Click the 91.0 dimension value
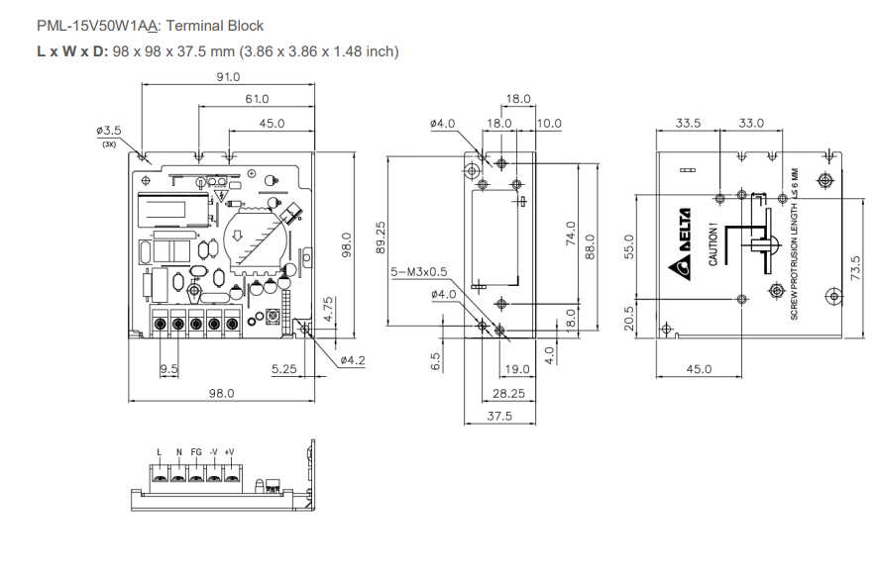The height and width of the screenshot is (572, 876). (x=229, y=76)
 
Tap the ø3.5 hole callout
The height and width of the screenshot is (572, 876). (x=109, y=131)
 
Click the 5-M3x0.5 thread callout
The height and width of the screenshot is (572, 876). (x=419, y=271)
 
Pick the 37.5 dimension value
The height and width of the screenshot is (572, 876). (x=500, y=417)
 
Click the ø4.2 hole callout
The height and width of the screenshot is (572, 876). (x=353, y=360)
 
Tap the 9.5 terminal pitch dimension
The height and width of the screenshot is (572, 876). (x=168, y=369)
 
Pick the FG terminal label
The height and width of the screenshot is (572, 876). (x=196, y=452)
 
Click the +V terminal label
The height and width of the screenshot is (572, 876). (x=229, y=452)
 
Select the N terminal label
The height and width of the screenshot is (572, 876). (x=179, y=452)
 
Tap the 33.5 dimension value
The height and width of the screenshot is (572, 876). (x=688, y=124)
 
